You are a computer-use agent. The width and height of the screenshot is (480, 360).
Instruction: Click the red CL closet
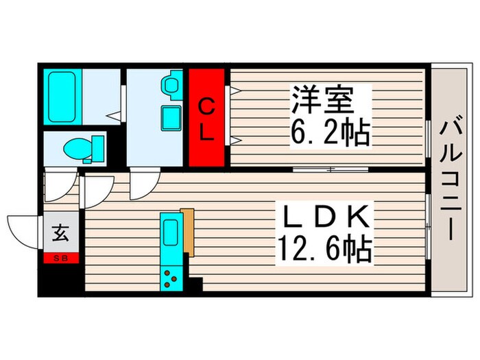(206, 117)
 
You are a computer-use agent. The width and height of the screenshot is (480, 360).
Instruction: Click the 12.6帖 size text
(325, 249)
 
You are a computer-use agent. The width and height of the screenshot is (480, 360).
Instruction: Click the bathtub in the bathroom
(62, 97)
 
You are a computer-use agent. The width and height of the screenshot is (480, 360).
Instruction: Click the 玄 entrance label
(60, 233)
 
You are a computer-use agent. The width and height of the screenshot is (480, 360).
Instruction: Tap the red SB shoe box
(61, 259)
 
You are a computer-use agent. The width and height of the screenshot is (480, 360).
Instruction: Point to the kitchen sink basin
(171, 233)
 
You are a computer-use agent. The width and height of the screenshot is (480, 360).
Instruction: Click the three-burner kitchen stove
(171, 278)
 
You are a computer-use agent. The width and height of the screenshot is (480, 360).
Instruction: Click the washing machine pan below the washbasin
(171, 118)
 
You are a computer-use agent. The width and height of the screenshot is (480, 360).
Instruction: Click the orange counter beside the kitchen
(188, 232)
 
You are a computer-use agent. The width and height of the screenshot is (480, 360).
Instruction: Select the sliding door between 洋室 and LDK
(331, 169)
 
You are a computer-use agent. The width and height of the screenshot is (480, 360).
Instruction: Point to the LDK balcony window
(429, 226)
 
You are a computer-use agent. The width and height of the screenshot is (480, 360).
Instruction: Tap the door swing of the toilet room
(60, 184)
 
